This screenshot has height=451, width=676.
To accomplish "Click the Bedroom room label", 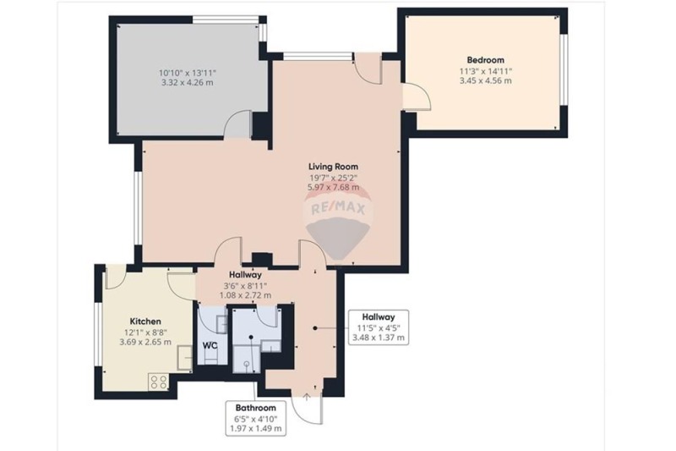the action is click(x=485, y=60).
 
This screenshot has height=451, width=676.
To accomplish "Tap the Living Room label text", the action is click(x=333, y=167).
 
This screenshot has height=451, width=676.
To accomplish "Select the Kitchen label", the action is click(x=145, y=322).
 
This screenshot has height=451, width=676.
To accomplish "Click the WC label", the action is click(x=210, y=346).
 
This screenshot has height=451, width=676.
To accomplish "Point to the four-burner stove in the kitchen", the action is click(x=158, y=381).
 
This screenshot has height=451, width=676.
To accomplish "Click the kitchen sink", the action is click(x=185, y=357).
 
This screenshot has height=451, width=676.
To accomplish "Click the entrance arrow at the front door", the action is click(x=307, y=397).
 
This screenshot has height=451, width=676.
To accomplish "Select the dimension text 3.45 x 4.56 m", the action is click(x=485, y=80).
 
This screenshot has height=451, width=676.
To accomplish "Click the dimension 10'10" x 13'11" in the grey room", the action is click(x=187, y=73).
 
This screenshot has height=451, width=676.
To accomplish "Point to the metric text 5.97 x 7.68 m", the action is click(x=333, y=187).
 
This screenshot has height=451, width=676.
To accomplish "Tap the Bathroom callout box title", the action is click(x=255, y=408).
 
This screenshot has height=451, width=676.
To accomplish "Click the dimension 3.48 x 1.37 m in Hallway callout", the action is click(x=379, y=338).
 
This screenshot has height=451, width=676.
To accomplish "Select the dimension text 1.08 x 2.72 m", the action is click(x=245, y=295).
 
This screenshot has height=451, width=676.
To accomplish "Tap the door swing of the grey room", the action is click(x=238, y=124).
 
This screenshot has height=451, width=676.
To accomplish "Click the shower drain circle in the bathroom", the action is click(x=247, y=363).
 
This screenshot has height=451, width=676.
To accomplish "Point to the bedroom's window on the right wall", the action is click(x=564, y=69).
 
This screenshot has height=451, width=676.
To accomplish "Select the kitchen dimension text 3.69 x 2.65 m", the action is click(x=145, y=342).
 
